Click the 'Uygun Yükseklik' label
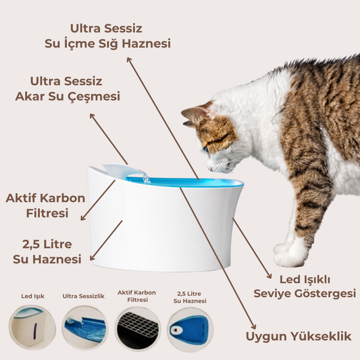[299, 337]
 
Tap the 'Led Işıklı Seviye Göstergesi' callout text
[305, 286]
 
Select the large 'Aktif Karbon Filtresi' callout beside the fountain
[45, 205]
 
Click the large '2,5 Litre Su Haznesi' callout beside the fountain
[47, 252]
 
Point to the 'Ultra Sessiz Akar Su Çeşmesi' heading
[68, 89]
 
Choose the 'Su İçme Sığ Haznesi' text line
[107, 44]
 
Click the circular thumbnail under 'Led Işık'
[32, 327]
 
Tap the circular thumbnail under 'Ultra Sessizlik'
[84, 328]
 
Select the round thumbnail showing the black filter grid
[137, 329]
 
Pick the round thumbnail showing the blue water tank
[190, 330]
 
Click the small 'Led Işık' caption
[33, 297]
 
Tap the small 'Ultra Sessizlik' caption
[83, 297]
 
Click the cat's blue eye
[206, 149]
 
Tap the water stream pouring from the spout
[146, 178]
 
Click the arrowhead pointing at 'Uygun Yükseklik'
[254, 326]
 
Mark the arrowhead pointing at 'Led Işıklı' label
[269, 276]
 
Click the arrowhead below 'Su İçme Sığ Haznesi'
[129, 59]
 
